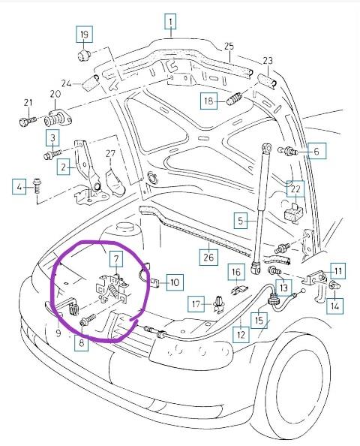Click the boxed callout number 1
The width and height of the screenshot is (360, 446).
[x=170, y=22]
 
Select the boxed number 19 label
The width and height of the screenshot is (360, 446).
[x=84, y=35]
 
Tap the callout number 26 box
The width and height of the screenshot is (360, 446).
[x=208, y=257]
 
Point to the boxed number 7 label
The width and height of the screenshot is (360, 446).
[x=116, y=259]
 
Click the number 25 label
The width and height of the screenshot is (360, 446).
[x=229, y=46]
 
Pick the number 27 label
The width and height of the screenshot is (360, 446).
[x=110, y=153]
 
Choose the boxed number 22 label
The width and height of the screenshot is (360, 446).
[x=295, y=189]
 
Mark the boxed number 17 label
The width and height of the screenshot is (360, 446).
[x=196, y=304]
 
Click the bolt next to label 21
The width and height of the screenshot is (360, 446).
[x=28, y=121]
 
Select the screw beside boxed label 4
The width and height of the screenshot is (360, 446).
[x=37, y=185]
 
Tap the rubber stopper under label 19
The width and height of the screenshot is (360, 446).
[x=83, y=55]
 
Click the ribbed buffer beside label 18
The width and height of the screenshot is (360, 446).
[x=234, y=98]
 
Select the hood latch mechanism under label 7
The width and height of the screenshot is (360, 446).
[x=113, y=288]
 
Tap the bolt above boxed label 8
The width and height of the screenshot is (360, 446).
[x=88, y=319]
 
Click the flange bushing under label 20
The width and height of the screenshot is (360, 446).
[x=58, y=119]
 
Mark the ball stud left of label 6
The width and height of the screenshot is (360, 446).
[x=287, y=150]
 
